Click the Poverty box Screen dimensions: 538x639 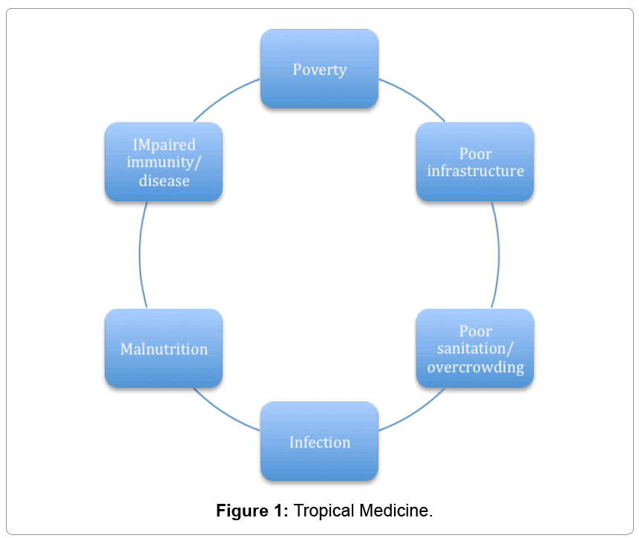tap(319, 69)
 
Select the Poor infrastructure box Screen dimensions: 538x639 tap(475, 162)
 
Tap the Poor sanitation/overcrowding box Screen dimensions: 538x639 tap(475, 348)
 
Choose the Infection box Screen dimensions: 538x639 tap(319, 442)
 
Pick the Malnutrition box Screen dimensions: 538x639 tap(163, 348)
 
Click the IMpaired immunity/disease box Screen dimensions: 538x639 tap(163, 162)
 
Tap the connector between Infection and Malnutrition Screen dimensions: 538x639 tap(225, 413)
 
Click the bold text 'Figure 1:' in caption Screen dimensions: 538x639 tap(252, 511)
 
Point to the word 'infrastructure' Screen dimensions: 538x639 tap(475, 171)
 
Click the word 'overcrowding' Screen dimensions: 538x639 tap(475, 367)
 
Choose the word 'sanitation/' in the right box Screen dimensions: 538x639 tap(475, 349)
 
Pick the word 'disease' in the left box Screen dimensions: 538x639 tap(163, 180)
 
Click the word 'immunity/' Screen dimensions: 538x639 tap(163, 162)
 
